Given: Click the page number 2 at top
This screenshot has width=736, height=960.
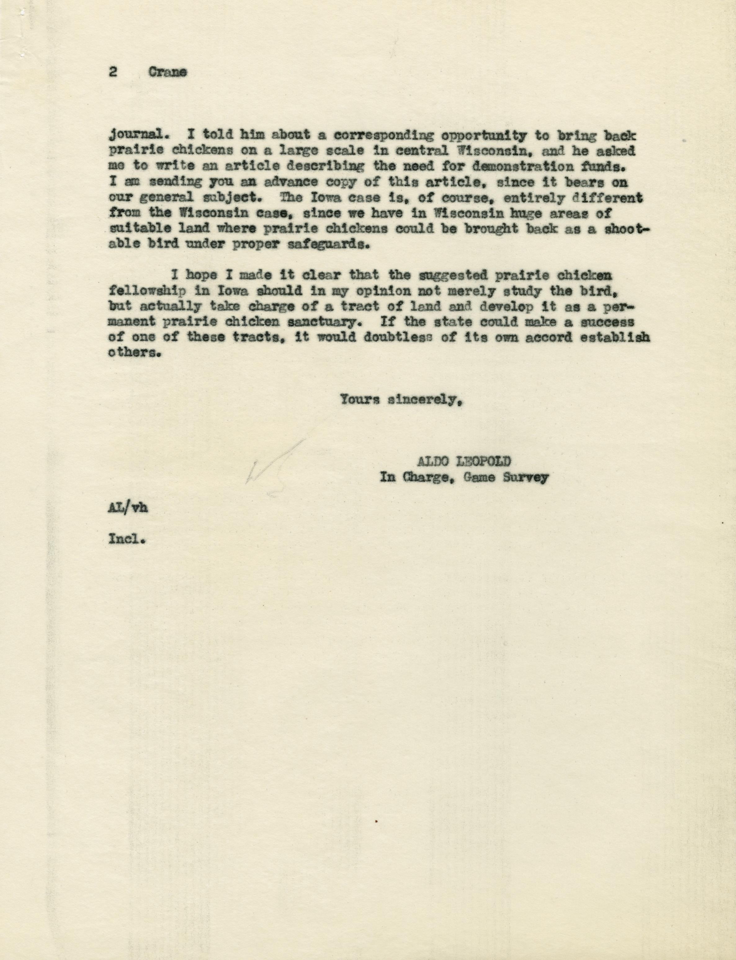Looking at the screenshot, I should [x=113, y=72].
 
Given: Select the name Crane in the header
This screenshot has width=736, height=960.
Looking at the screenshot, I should [x=167, y=72].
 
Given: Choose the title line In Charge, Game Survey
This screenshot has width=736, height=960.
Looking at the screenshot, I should [x=463, y=478].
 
